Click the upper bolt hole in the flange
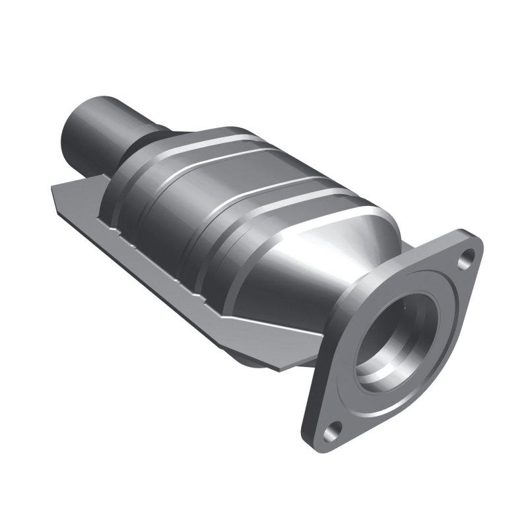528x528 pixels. (x=467, y=257)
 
